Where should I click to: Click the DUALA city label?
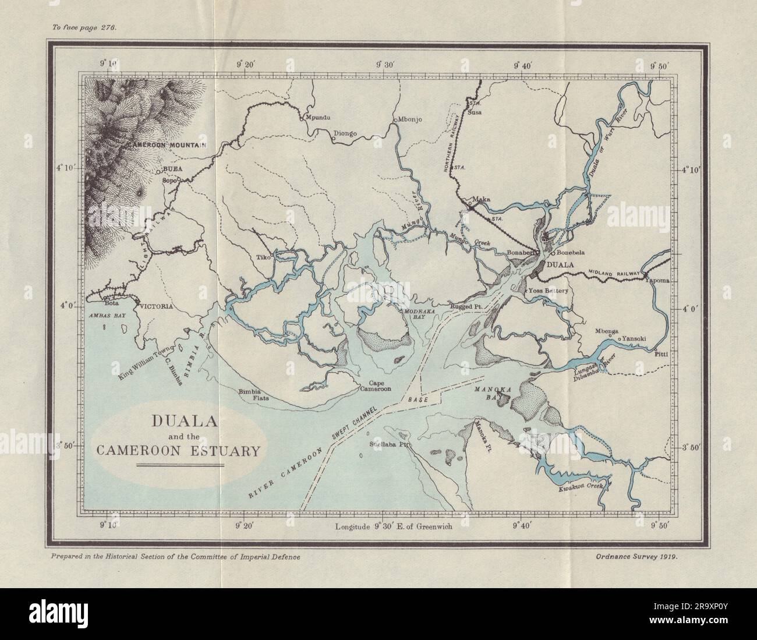click(559, 264)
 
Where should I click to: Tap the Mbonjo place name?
click(409, 120)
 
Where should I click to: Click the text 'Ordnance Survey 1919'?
click(638, 556)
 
